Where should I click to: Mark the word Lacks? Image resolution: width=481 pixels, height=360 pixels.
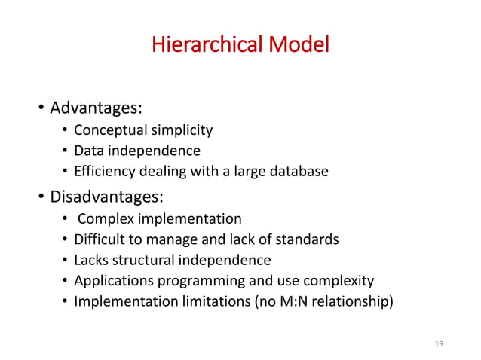point(90,261)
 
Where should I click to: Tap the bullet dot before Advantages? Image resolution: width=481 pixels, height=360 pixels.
point(41,110)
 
